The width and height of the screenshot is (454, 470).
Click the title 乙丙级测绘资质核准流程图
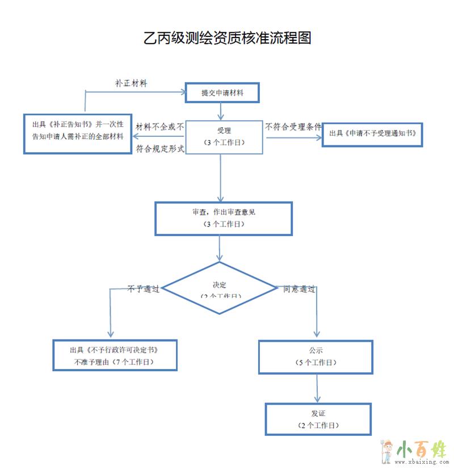[x=227, y=38]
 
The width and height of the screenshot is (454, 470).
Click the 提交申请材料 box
[x=222, y=93]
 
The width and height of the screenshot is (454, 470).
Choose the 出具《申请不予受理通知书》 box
[x=372, y=134]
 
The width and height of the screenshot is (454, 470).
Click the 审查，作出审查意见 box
[x=224, y=218]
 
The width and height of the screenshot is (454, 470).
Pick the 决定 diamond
[x=220, y=288]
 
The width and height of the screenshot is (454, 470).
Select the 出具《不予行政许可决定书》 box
[x=115, y=355]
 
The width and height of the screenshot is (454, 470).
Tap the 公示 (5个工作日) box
[x=316, y=356]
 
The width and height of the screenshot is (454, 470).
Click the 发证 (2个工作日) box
[x=318, y=419]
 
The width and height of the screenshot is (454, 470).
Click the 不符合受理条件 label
[x=293, y=127]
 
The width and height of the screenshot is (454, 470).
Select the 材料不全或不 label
[x=160, y=127]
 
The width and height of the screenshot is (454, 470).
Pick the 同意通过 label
[x=299, y=288]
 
